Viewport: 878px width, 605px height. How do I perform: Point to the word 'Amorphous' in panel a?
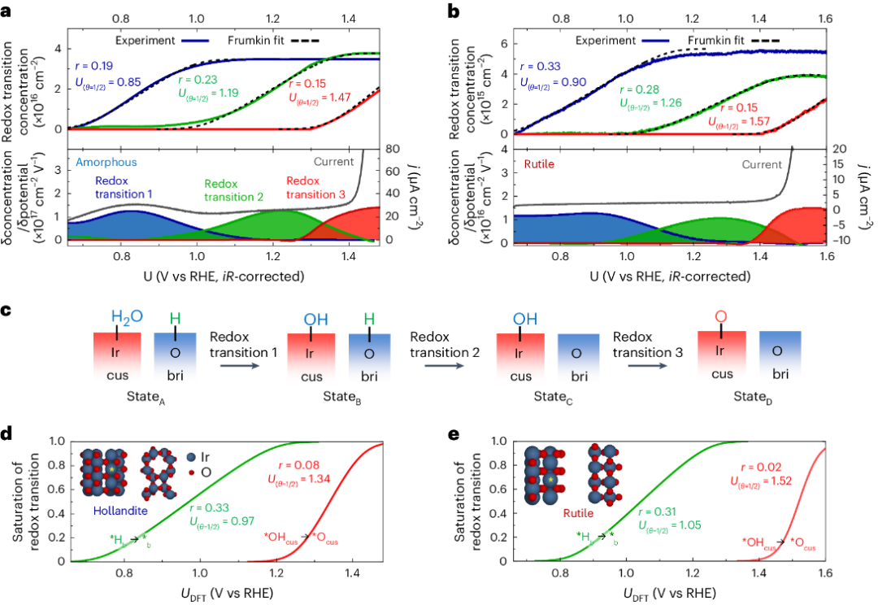(x=106, y=163)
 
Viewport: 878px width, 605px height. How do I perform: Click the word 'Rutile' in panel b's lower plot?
(x=540, y=165)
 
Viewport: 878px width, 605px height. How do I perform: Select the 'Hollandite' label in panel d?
(x=110, y=515)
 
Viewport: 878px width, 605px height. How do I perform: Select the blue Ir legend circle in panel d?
(x=190, y=457)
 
